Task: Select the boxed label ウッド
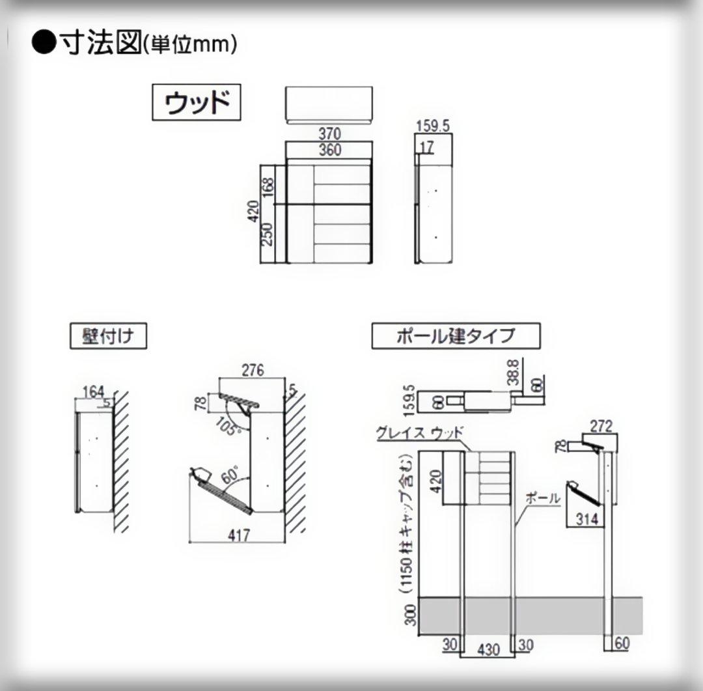click(197, 102)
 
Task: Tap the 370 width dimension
click(329, 134)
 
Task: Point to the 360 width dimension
click(329, 150)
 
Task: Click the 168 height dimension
click(268, 185)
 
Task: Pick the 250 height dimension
click(268, 234)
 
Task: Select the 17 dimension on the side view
click(426, 148)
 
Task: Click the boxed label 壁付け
click(108, 337)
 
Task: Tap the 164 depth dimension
click(93, 391)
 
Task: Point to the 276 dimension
click(253, 371)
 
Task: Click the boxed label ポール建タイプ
click(456, 336)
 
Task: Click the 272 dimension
click(600, 426)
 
